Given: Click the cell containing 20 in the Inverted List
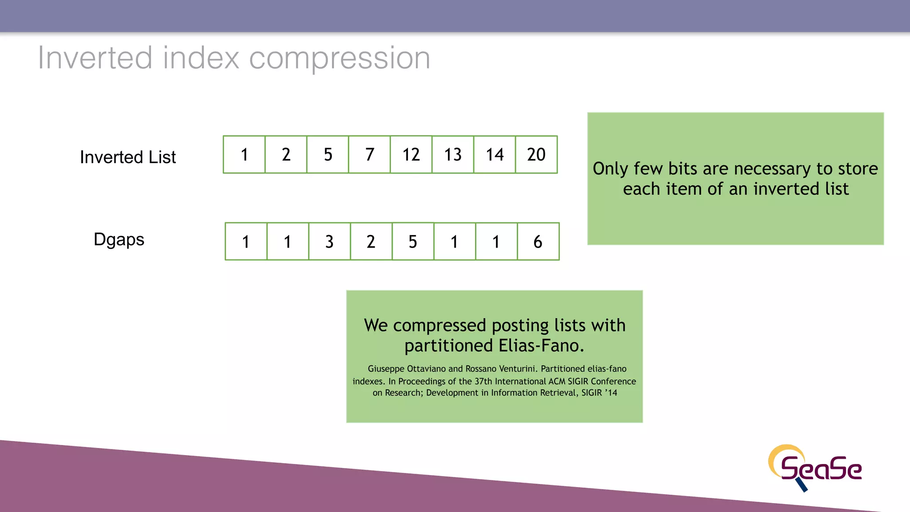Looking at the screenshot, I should pyautogui.click(x=536, y=155).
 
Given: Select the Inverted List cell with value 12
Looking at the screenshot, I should pyautogui.click(x=411, y=155).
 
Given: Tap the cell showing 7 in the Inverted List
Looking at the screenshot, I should pyautogui.click(x=370, y=155).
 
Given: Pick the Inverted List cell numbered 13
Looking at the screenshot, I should pyautogui.click(x=453, y=155).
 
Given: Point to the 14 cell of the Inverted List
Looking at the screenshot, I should pyautogui.click(x=495, y=155).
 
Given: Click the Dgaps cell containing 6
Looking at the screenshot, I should pyautogui.click(x=538, y=242).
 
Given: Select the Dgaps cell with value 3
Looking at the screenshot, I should pyautogui.click(x=329, y=242).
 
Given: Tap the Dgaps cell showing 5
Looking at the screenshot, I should pyautogui.click(x=413, y=242).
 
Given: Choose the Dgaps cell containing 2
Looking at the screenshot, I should pyautogui.click(x=371, y=242).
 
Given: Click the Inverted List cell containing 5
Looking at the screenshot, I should pyautogui.click(x=328, y=155).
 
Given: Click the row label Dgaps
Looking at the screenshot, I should pyautogui.click(x=119, y=240).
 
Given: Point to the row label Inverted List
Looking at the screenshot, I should pyautogui.click(x=128, y=157).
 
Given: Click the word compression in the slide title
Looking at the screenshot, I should pyautogui.click(x=339, y=58).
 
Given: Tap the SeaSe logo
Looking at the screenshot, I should pyautogui.click(x=815, y=468).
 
